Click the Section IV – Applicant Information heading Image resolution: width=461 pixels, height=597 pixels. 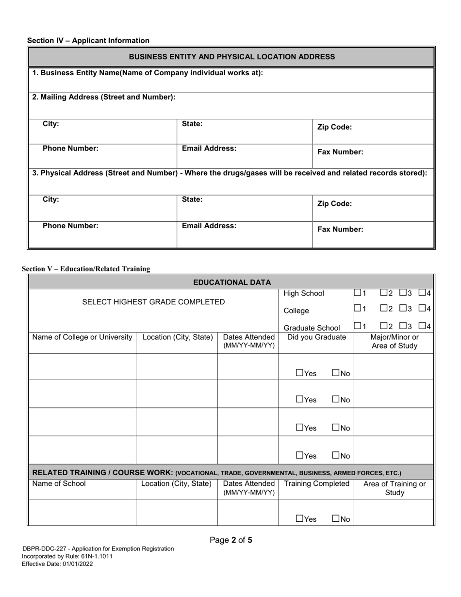coord(88,41)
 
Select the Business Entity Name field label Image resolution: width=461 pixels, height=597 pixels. coord(148,73)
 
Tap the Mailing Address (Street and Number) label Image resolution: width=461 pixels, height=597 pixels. coord(104,97)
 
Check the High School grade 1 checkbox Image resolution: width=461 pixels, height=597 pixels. coord(358,293)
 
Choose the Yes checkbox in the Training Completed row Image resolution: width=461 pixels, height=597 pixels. coord(300,519)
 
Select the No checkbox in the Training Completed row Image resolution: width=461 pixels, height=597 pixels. coord(336,519)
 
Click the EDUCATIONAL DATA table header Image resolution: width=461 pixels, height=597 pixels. coord(232,282)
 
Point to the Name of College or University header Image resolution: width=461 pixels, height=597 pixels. coord(82,337)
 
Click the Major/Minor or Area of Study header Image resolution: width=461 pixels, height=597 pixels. coord(394,341)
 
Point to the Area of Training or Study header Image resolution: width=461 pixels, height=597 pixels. coord(394,488)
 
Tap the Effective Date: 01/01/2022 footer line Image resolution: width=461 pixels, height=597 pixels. coord(58,564)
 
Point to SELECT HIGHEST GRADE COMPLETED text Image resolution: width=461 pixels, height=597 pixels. coord(153,302)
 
